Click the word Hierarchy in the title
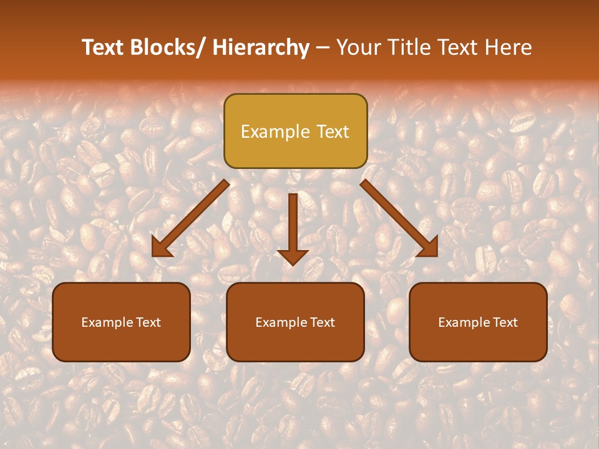[261, 47]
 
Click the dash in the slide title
[323, 47]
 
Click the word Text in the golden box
[332, 132]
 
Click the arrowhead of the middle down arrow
[293, 256]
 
